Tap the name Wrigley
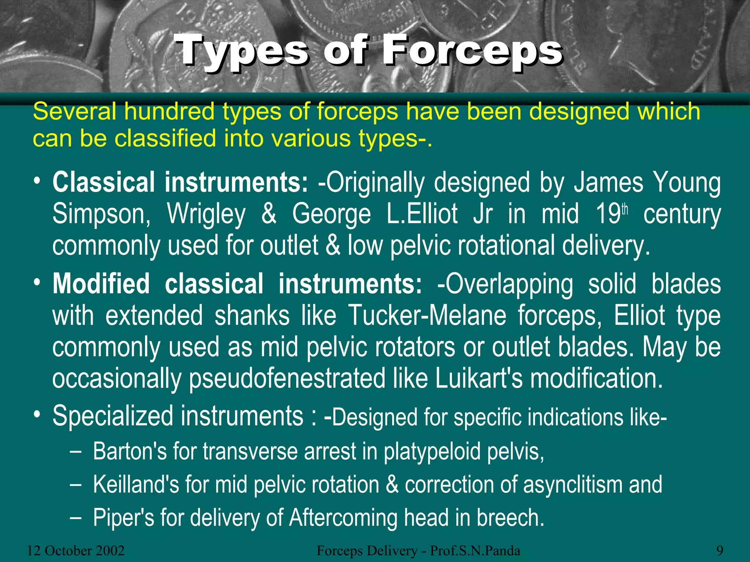[x=206, y=214]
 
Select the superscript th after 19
[x=625, y=209]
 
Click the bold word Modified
[x=101, y=284]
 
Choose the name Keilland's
[x=136, y=484]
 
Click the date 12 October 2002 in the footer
[x=76, y=551]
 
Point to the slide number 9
[x=720, y=551]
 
